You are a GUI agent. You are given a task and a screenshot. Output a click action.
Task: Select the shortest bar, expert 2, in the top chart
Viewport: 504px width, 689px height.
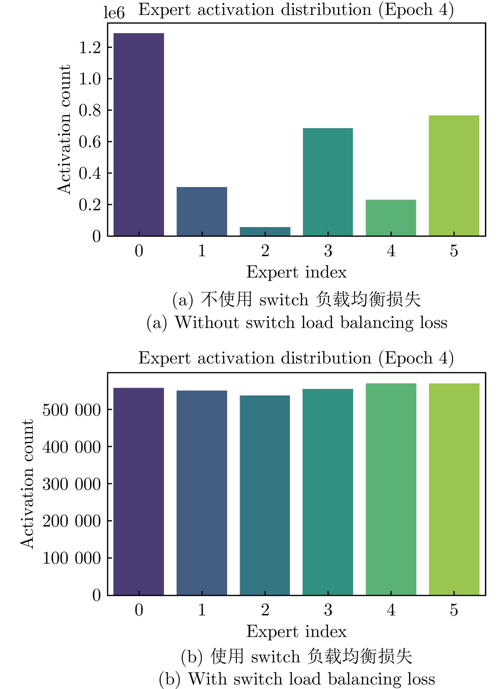click(265, 231)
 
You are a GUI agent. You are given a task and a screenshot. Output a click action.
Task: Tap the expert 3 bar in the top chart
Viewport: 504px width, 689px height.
click(328, 182)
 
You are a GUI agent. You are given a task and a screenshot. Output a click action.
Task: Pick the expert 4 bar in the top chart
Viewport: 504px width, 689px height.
click(391, 218)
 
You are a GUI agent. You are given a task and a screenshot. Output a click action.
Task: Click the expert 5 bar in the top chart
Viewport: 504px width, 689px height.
click(454, 176)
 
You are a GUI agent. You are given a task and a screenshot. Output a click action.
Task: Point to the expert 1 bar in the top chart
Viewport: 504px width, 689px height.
click(202, 211)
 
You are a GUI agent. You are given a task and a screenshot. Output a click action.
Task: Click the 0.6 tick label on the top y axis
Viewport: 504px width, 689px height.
click(90, 142)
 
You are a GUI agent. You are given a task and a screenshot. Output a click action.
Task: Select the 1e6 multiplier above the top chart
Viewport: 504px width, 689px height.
click(114, 13)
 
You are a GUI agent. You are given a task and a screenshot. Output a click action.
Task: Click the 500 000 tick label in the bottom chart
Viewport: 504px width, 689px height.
click(72, 410)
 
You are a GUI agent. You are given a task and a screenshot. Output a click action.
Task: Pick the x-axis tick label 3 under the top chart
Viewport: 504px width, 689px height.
click(328, 251)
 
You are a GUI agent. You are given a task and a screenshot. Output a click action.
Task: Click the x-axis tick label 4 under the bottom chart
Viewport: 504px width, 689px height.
click(391, 610)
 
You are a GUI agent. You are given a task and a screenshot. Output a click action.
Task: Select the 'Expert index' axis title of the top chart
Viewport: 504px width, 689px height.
click(297, 272)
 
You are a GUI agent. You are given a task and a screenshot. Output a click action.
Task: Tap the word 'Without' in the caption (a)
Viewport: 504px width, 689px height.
click(207, 322)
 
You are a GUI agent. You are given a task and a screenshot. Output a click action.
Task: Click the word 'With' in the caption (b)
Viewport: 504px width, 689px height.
click(207, 679)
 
